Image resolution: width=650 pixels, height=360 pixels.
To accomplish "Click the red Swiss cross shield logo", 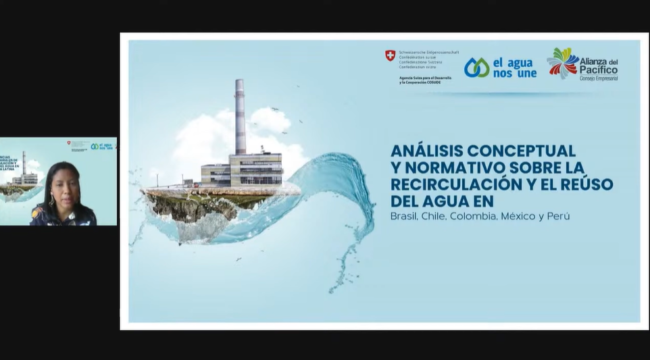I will pyautogui.click(x=390, y=55).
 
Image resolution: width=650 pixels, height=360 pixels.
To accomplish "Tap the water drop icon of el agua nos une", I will pyautogui.click(x=476, y=67).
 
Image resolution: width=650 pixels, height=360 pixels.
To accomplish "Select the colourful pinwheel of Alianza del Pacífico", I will pyautogui.click(x=562, y=64).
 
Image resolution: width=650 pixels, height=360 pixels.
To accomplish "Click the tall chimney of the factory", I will pyautogui.click(x=240, y=116).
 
